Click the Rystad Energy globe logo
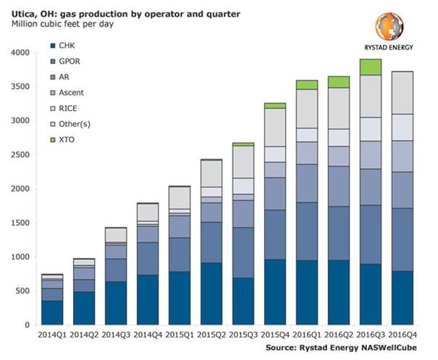click(x=389, y=25)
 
